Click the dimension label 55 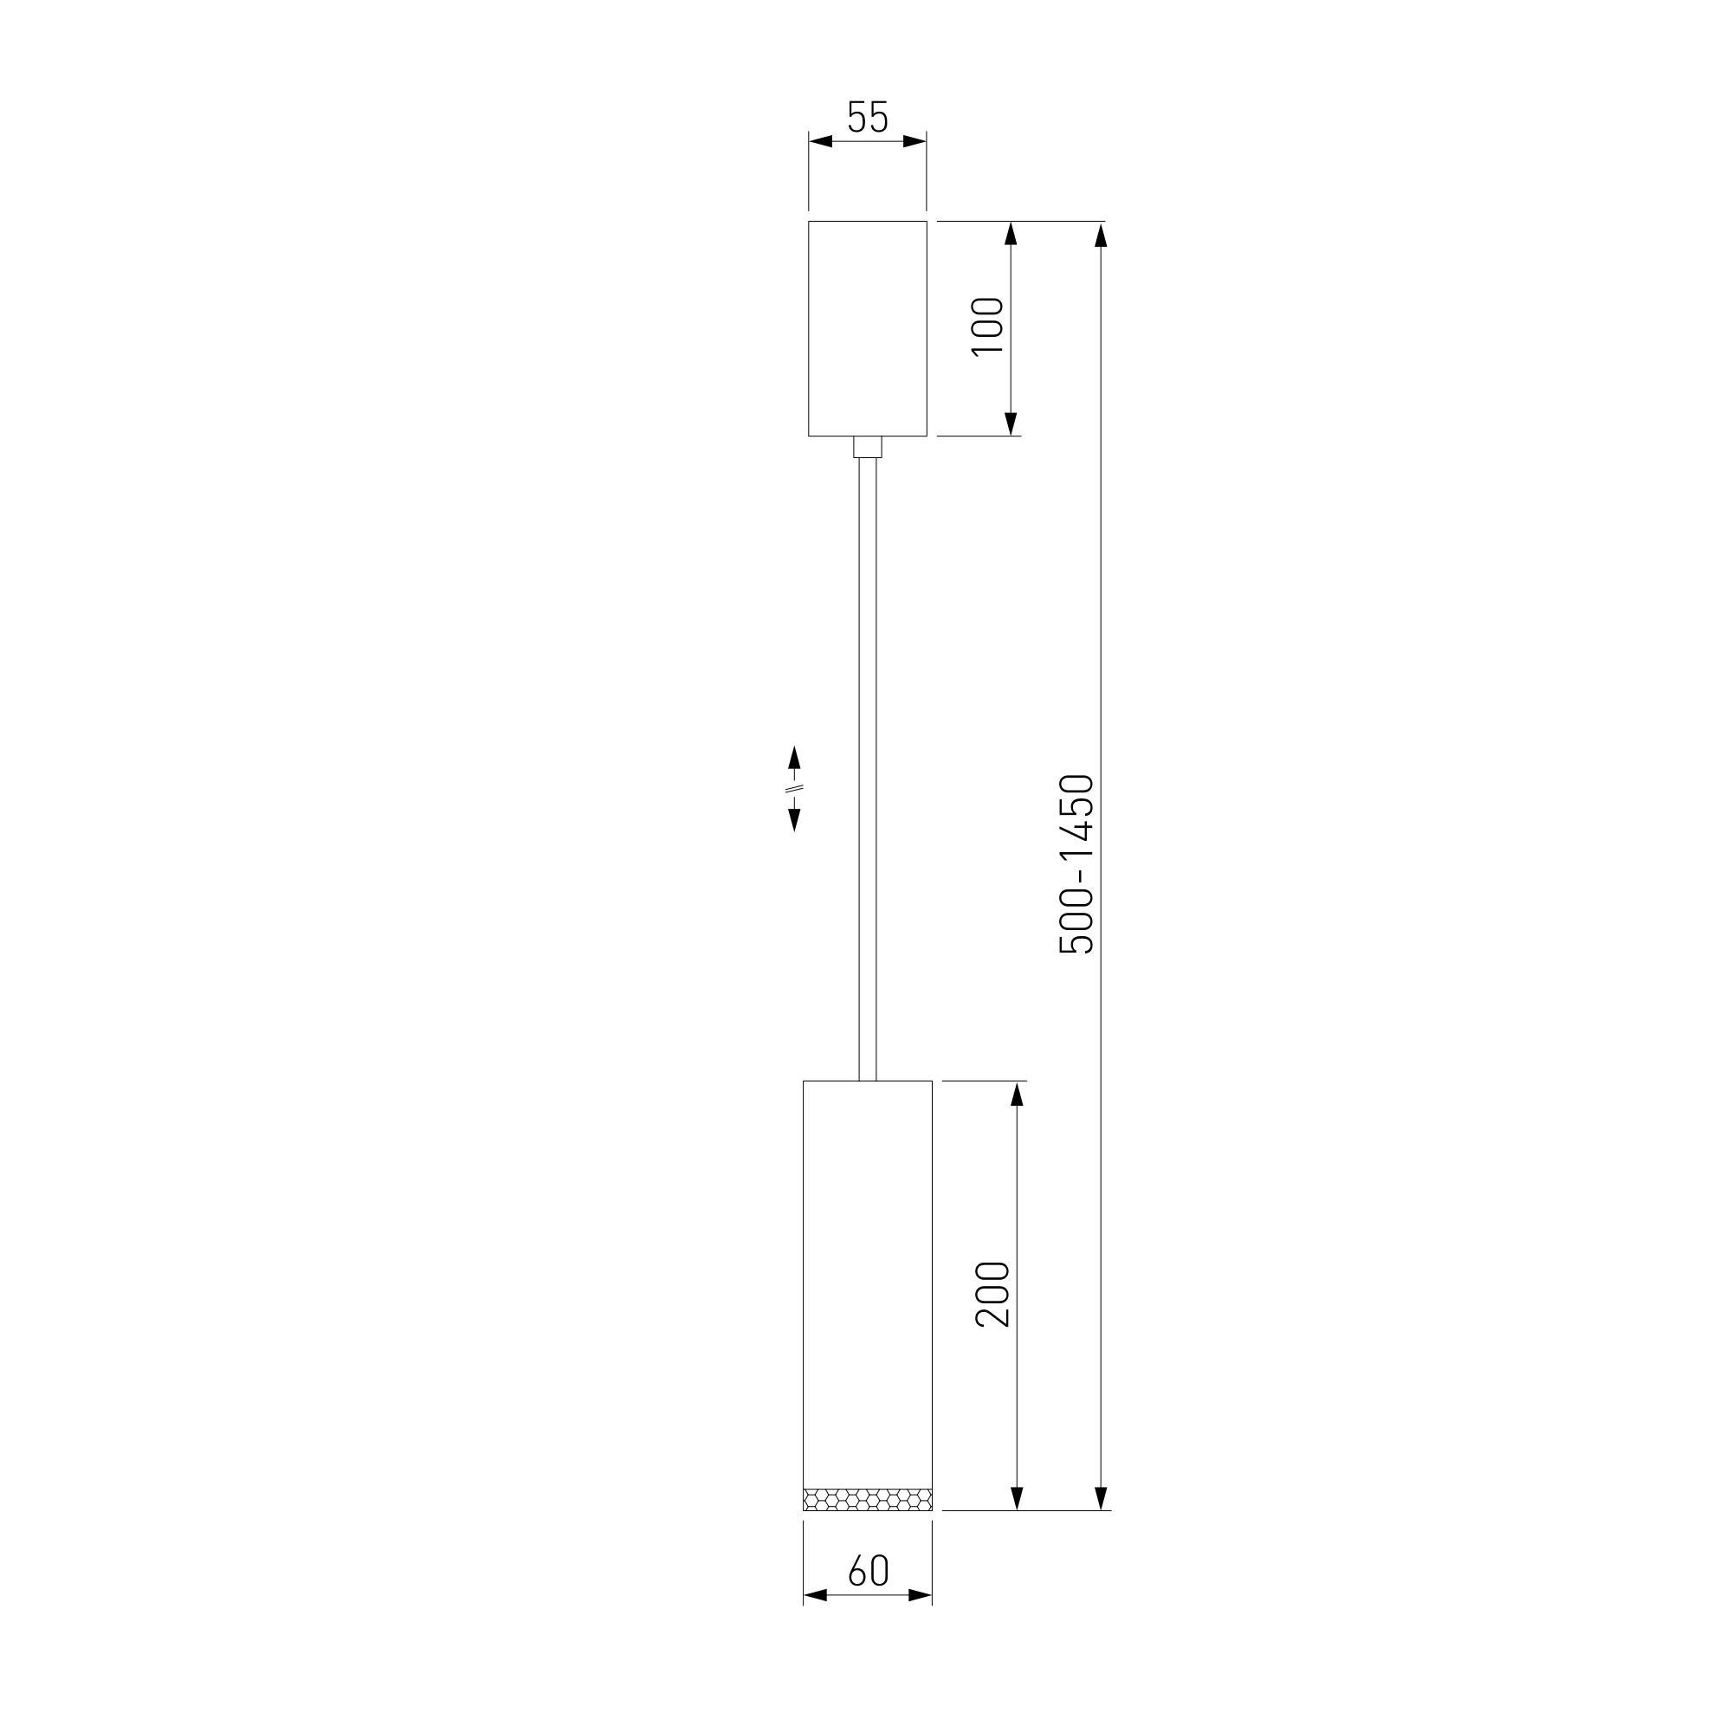point(867,117)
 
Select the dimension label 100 point(987,326)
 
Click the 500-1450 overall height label point(1076,864)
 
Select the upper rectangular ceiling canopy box point(867,328)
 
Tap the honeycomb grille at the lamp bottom point(867,1499)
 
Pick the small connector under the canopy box point(867,447)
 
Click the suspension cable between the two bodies point(867,769)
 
